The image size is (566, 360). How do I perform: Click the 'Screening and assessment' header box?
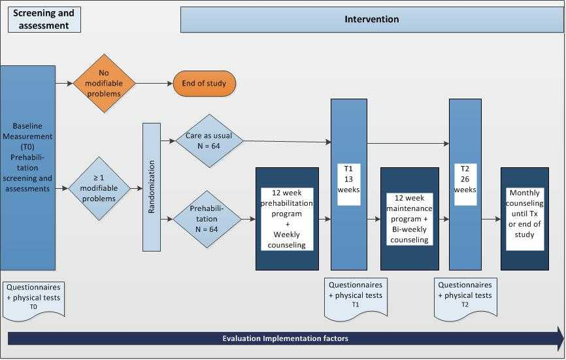click(44, 20)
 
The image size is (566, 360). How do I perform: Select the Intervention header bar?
click(371, 20)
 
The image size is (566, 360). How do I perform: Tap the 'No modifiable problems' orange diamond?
click(104, 83)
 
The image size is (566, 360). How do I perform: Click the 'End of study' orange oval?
click(204, 84)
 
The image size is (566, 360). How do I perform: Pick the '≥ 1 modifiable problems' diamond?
click(99, 188)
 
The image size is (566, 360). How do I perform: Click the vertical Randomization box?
click(151, 188)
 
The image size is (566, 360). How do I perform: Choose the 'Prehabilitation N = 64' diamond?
click(206, 219)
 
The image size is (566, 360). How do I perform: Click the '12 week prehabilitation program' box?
click(287, 219)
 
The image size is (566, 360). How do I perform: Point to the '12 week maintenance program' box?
click(410, 219)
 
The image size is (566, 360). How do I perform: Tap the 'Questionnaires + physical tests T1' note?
click(356, 295)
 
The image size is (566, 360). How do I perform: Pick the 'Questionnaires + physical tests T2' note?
click(465, 295)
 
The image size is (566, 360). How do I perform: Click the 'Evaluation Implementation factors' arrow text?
click(285, 338)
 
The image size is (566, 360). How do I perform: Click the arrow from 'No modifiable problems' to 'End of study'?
click(154, 84)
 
